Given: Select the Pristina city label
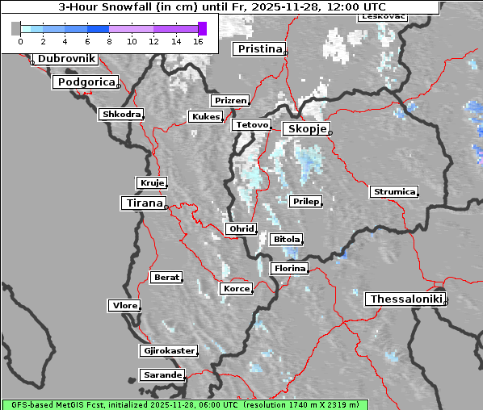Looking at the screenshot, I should tap(260, 49).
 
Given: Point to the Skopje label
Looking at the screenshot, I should tap(305, 129).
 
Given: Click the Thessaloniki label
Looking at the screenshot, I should tap(406, 299).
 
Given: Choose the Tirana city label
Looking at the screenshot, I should tap(143, 203).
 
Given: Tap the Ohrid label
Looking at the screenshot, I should tap(241, 229).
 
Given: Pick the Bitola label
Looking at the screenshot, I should tap(287, 240).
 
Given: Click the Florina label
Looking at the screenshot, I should tap(289, 268).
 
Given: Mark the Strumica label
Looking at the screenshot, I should tap(394, 192).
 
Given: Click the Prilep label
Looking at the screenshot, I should tap(306, 201).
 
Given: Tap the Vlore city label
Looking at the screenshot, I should tap(124, 306).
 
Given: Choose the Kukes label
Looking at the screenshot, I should tap(205, 117).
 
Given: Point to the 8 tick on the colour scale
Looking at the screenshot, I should tap(109, 40).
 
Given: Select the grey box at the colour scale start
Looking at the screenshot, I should tap(16, 28).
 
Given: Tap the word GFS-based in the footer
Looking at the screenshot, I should tap(28, 404).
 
